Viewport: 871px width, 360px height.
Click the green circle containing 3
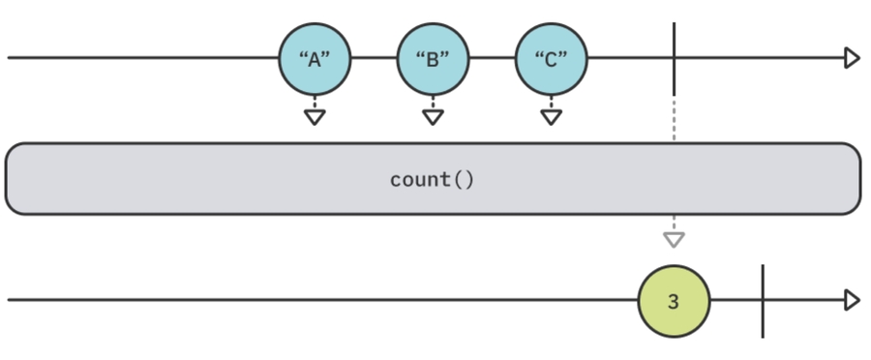click(x=674, y=301)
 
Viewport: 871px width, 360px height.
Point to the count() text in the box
click(x=433, y=180)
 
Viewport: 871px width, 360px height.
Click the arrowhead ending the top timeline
click(x=852, y=58)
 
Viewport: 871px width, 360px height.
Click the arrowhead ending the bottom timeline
click(x=852, y=301)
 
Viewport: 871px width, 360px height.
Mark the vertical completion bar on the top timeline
click(x=674, y=58)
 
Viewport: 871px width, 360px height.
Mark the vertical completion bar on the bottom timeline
click(x=763, y=301)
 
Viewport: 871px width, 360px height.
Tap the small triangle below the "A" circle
click(x=315, y=117)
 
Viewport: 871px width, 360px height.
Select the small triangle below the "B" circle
click(x=433, y=117)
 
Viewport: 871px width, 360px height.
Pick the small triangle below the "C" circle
click(x=551, y=117)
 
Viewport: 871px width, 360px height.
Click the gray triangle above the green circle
click(x=674, y=238)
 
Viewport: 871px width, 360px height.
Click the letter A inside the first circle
click(x=315, y=59)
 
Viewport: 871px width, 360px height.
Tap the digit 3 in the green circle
click(x=674, y=302)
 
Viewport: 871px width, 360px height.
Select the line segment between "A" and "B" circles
click(x=374, y=58)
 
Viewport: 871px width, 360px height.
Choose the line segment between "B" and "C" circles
click(x=492, y=58)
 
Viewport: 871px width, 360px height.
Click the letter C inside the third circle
click(x=551, y=59)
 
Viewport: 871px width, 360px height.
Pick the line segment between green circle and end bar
click(x=736, y=301)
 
